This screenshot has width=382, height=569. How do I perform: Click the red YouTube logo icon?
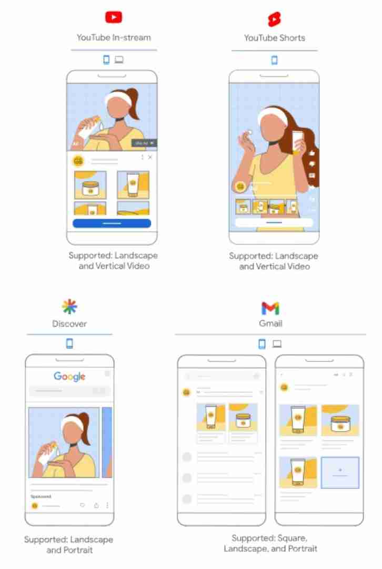(114, 17)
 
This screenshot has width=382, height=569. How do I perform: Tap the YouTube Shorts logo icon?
(274, 19)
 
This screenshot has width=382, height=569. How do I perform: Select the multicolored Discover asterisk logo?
(69, 306)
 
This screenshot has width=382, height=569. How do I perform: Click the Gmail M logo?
(270, 308)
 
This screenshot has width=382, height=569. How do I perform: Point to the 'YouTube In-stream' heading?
(114, 37)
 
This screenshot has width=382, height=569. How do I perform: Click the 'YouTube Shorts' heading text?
(274, 38)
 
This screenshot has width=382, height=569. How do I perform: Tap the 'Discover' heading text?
(69, 324)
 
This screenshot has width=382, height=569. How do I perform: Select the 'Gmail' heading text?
(270, 324)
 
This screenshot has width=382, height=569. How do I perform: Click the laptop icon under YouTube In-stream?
(119, 60)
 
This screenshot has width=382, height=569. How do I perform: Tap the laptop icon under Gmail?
(277, 344)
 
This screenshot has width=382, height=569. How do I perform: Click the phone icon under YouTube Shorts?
(274, 60)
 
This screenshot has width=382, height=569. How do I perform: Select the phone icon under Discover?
(69, 344)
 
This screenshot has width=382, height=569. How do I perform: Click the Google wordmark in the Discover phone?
(69, 376)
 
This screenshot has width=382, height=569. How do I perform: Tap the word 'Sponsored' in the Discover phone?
(41, 496)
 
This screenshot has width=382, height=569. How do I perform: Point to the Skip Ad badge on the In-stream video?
(144, 143)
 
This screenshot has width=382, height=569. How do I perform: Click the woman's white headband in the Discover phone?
(71, 422)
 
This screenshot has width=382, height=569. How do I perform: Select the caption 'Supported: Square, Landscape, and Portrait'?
(270, 543)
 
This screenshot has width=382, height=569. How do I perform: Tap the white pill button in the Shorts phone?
(274, 222)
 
